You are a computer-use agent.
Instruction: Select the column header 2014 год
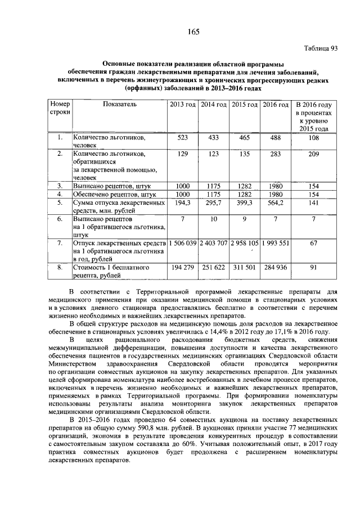coord(214,105)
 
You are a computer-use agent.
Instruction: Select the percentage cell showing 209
coord(314,154)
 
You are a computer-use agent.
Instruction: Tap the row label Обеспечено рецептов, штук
coord(110,193)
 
